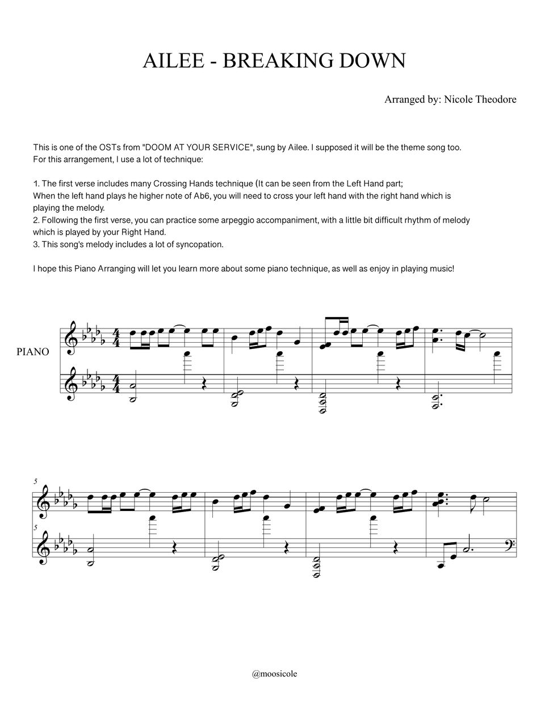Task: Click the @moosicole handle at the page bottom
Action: point(274,674)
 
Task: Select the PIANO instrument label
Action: point(33,352)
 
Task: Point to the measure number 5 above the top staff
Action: point(36,481)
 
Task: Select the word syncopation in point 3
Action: point(199,244)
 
